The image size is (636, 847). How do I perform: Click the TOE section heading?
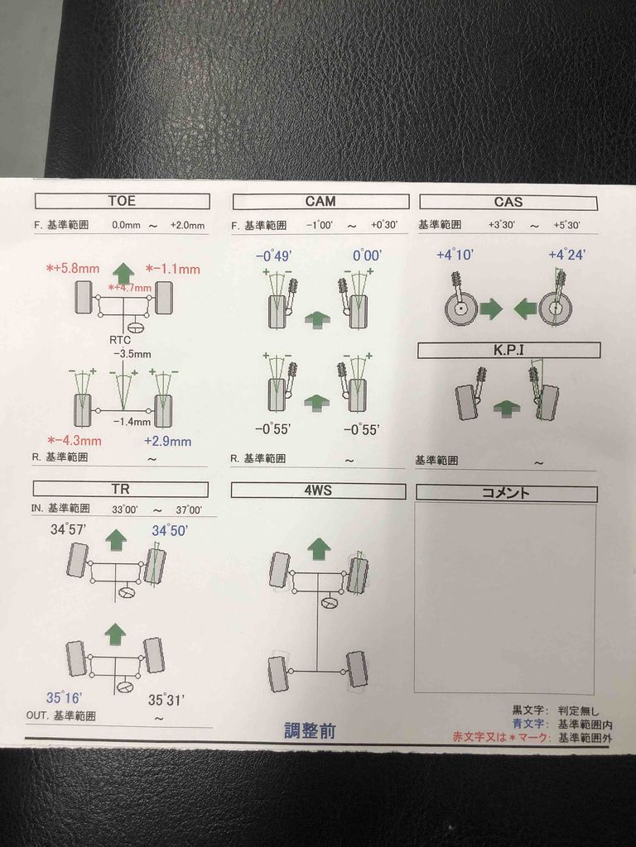tap(122, 201)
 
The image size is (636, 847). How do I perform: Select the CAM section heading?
tap(320, 201)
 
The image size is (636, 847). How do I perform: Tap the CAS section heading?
tap(508, 201)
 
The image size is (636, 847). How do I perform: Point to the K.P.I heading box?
tap(508, 351)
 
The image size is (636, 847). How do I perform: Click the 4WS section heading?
tap(318, 490)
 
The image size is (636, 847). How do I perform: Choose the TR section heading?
tap(121, 490)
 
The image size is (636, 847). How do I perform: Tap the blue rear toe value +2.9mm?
tap(167, 441)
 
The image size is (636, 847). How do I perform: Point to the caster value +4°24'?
tap(566, 255)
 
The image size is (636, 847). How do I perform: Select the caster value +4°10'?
tap(455, 255)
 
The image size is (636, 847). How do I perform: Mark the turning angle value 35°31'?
tap(166, 700)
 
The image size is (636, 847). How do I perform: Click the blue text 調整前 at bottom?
tap(310, 731)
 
